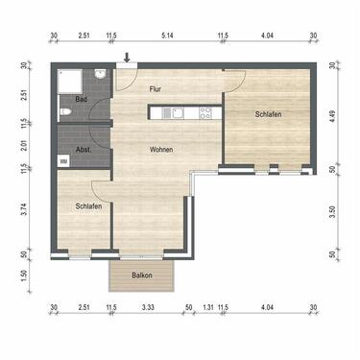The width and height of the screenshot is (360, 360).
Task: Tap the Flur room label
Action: (156, 88)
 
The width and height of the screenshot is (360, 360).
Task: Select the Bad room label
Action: (82, 99)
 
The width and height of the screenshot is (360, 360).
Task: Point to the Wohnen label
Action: (161, 149)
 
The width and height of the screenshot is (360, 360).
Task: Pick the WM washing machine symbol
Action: (64, 161)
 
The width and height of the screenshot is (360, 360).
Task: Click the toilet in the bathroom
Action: (65, 112)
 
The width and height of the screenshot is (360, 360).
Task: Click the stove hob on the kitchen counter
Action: (205, 112)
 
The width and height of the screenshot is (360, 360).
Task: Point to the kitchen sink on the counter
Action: (174, 112)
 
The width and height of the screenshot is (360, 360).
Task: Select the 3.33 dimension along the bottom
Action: (147, 308)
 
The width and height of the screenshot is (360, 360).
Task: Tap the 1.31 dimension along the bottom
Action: (207, 308)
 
